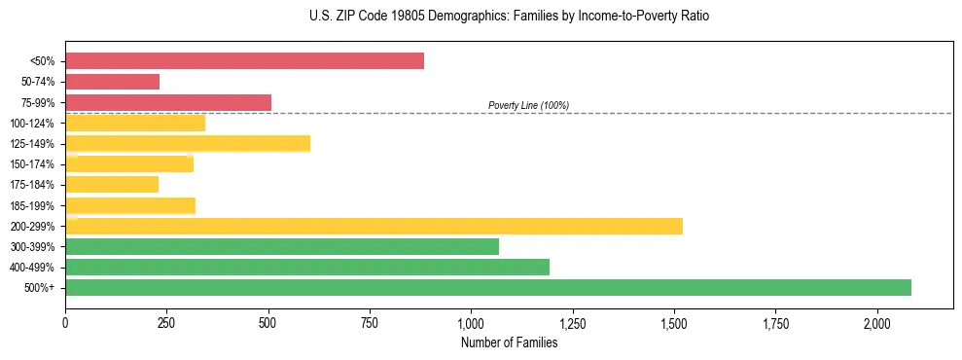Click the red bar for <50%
[x=244, y=61]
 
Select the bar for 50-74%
[x=112, y=82]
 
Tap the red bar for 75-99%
[x=168, y=102]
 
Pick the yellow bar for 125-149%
[x=188, y=144]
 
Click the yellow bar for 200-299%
[x=374, y=226]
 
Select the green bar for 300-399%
[x=282, y=246]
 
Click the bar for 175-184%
[x=112, y=185]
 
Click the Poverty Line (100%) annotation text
[x=528, y=105]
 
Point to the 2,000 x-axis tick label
[x=877, y=323]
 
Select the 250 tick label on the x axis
[x=166, y=323]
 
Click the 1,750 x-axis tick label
[x=775, y=323]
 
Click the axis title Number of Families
[x=509, y=342]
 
